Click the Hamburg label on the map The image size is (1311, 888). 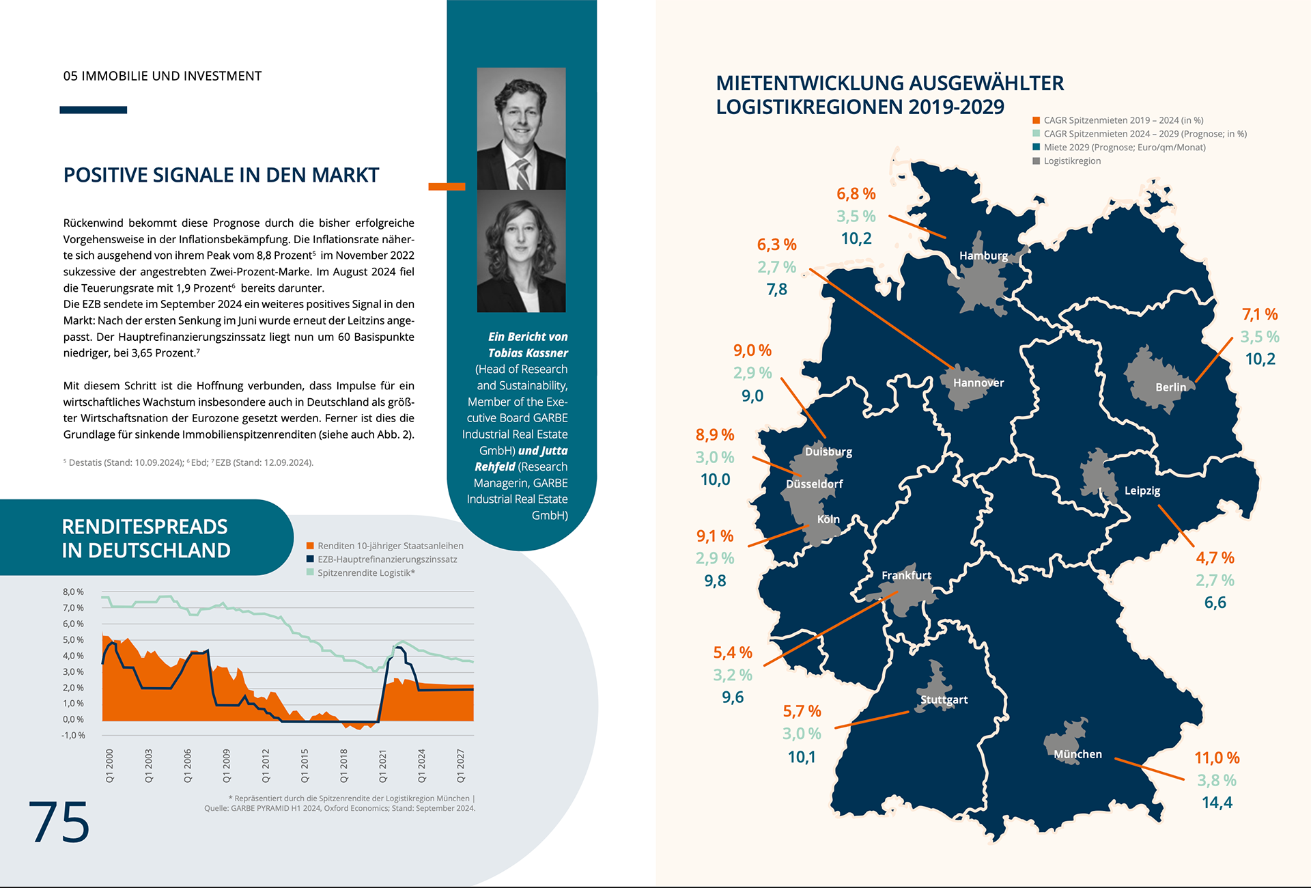(x=983, y=255)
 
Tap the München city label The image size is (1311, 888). (x=1077, y=754)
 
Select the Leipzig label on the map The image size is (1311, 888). (x=1142, y=490)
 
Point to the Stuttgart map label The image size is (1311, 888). (x=944, y=699)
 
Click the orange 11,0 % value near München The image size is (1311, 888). (x=1216, y=758)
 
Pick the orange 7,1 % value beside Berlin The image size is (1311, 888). (x=1259, y=314)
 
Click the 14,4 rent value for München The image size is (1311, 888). (x=1217, y=803)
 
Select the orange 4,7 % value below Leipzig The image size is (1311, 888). (x=1215, y=557)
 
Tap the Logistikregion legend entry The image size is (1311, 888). (x=1071, y=161)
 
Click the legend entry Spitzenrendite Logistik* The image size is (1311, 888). (x=365, y=572)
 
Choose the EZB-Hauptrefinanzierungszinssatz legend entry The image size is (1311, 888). (x=386, y=559)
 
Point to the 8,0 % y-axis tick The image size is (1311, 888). (x=73, y=592)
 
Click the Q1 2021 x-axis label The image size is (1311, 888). (x=383, y=766)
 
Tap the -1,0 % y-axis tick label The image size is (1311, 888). (x=73, y=735)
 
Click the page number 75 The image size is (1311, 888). (x=59, y=822)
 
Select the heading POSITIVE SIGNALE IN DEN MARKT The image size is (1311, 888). (x=221, y=175)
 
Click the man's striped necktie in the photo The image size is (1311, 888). (x=522, y=174)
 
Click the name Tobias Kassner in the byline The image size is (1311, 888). (x=527, y=352)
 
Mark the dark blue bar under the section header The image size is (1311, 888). (x=94, y=110)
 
